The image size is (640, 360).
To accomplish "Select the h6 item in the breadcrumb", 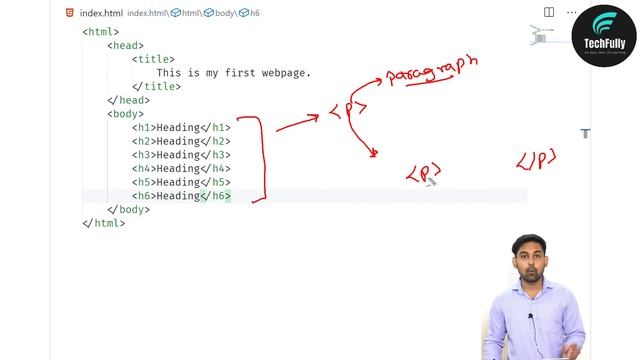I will [x=254, y=13].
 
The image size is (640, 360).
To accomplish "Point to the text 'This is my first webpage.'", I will [x=233, y=73].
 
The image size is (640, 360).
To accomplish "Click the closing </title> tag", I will [x=156, y=87].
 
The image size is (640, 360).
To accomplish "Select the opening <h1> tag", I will [x=144, y=128].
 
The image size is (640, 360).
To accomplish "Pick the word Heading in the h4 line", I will [x=179, y=169].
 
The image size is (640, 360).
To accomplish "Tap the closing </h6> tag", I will [x=215, y=196].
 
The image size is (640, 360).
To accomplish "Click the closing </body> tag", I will [x=129, y=210].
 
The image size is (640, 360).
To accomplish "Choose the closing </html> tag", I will [x=104, y=223].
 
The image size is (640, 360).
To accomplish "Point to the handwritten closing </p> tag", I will [x=536, y=160].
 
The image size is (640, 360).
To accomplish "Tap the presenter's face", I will [x=530, y=258].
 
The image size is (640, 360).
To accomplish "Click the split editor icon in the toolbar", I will [x=549, y=13].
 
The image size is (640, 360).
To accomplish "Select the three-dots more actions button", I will [x=571, y=13].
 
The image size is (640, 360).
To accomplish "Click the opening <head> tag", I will [x=126, y=46].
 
